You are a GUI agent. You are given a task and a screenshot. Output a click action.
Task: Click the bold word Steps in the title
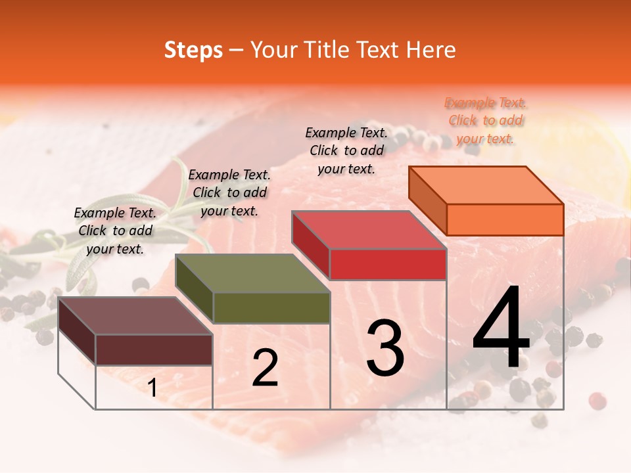(193, 50)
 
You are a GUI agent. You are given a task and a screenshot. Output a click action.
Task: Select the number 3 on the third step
(385, 348)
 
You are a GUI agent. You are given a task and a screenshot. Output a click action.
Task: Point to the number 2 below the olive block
(265, 368)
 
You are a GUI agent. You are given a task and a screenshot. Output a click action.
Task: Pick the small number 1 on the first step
(152, 388)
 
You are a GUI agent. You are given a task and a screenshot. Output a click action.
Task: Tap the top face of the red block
(368, 230)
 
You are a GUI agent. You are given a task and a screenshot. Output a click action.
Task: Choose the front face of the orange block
(505, 219)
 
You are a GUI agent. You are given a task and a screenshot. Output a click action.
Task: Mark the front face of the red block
(388, 264)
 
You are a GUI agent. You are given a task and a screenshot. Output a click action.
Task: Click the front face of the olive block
(271, 307)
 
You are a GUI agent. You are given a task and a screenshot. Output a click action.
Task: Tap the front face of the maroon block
(154, 349)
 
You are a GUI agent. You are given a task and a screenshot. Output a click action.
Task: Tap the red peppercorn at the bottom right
(597, 399)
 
